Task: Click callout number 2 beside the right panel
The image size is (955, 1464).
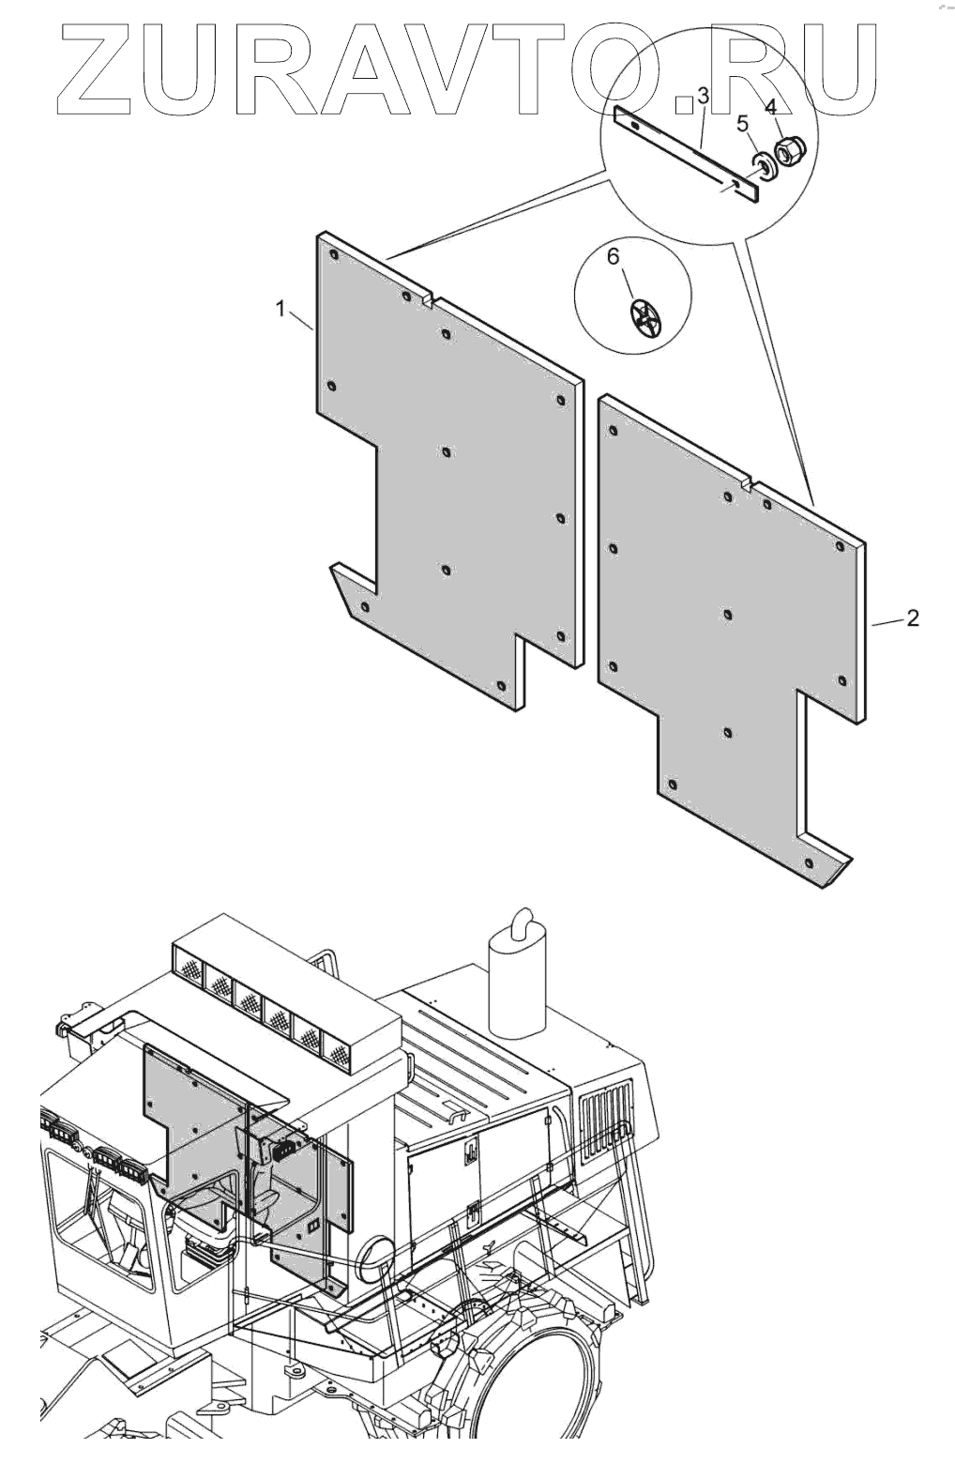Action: point(912,618)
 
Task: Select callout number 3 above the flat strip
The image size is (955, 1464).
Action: point(704,97)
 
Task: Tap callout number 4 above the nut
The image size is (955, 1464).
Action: point(771,106)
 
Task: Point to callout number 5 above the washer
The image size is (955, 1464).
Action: point(742,123)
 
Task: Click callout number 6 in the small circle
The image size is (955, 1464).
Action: point(614,256)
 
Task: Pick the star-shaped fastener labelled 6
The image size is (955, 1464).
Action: point(645,320)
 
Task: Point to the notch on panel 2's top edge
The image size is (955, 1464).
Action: point(748,486)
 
